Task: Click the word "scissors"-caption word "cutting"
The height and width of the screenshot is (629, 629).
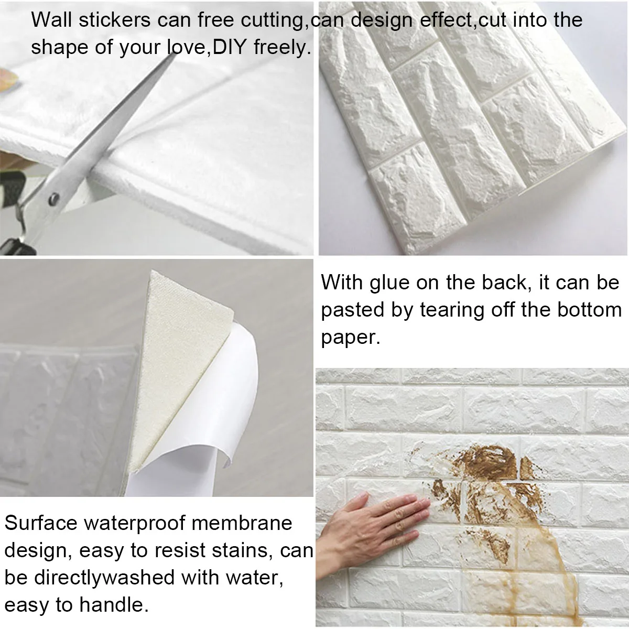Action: (272, 21)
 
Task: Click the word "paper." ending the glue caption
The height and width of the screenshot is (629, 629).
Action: (351, 338)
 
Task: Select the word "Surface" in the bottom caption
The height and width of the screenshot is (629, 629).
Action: (41, 523)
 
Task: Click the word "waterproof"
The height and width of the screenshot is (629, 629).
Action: (134, 524)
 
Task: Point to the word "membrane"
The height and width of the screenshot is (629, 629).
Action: (242, 523)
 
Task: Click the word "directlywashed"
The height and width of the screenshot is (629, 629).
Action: (104, 578)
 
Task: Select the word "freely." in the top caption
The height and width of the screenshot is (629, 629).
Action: (283, 48)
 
